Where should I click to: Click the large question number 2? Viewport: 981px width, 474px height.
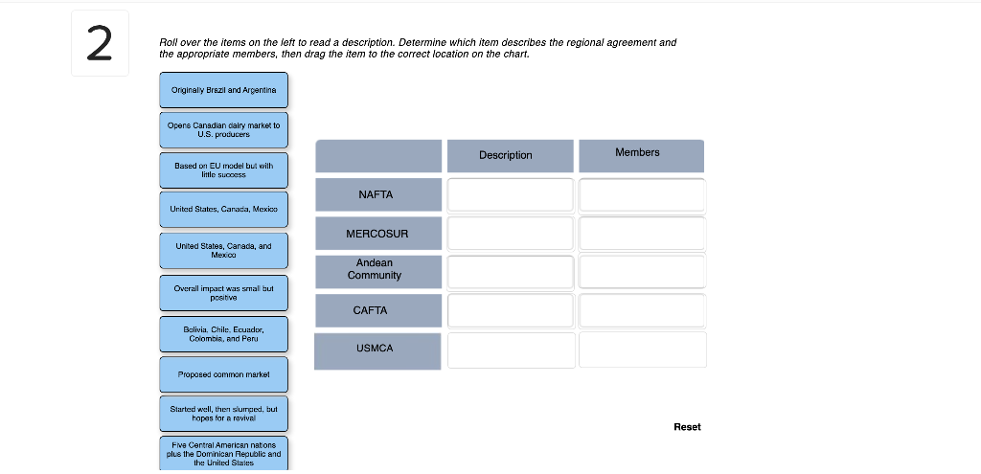(100, 44)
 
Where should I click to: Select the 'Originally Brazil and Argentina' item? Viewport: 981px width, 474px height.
(223, 90)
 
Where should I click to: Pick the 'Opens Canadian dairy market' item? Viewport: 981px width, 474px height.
(223, 130)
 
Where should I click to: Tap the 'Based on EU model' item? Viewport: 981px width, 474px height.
(223, 170)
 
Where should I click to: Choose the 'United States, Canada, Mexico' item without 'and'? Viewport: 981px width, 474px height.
(223, 210)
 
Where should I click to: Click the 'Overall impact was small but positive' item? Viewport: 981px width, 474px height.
(223, 293)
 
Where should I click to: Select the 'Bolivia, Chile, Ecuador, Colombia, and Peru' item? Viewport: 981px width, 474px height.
(223, 334)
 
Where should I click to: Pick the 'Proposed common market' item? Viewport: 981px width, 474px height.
(223, 374)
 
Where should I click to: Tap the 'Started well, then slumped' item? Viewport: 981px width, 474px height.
(223, 414)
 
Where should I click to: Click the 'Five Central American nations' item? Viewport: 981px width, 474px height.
(223, 453)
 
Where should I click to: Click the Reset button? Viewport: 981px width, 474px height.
(687, 427)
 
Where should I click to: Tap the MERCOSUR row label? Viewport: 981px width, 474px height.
(377, 234)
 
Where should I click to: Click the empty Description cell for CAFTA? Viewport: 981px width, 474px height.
(511, 311)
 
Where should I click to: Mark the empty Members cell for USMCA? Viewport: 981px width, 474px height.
(643, 350)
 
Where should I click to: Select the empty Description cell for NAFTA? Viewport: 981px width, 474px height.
(511, 195)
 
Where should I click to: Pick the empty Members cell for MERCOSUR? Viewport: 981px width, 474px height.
(643, 234)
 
